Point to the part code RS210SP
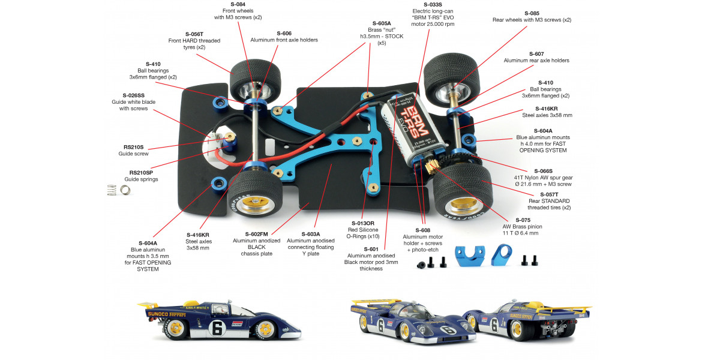(x=142, y=172)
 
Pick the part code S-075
(x=510, y=220)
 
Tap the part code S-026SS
(x=133, y=95)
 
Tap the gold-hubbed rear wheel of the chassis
(x=463, y=193)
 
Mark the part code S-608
(x=424, y=230)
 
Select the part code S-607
(x=536, y=53)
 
